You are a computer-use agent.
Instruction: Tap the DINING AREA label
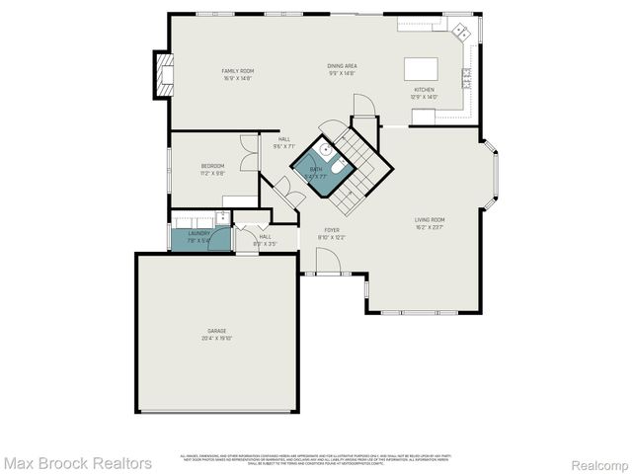343,66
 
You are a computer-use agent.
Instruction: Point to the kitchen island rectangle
422,70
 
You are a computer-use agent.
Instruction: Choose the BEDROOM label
213,166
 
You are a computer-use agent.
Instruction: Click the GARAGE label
217,330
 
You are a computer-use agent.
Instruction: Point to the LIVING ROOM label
430,219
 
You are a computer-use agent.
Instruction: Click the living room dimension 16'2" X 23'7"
430,226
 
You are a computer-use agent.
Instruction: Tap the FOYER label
333,230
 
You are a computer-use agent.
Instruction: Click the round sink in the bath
325,151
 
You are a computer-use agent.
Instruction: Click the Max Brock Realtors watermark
77,462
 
